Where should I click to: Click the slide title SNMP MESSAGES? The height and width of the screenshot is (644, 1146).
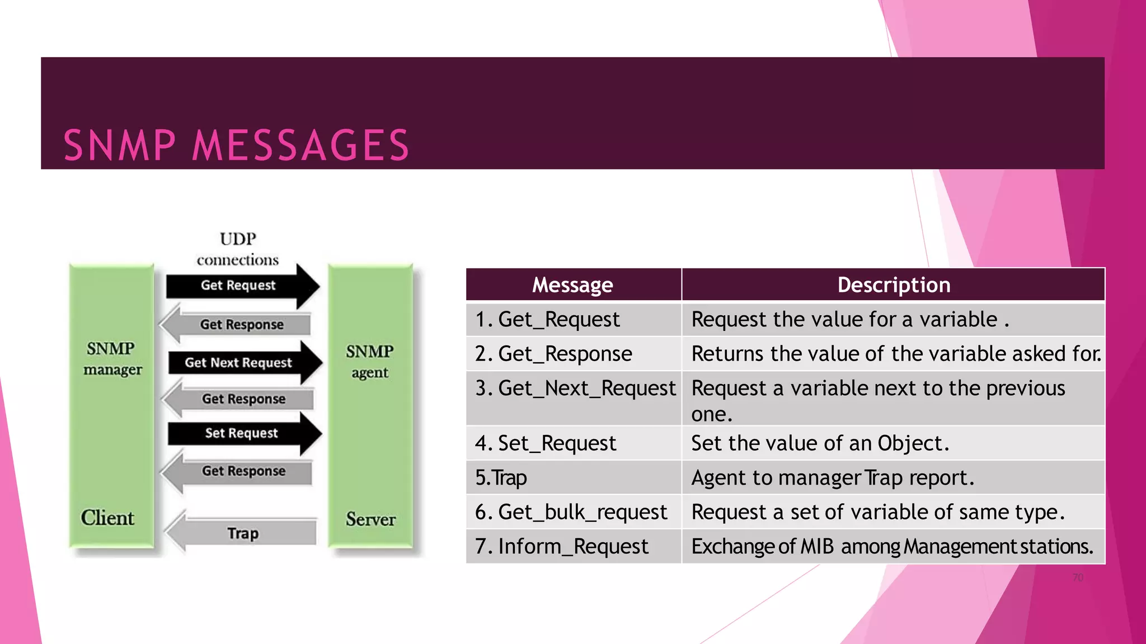click(236, 145)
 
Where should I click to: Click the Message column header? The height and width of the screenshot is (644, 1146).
click(572, 285)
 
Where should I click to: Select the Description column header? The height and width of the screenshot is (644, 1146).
click(893, 285)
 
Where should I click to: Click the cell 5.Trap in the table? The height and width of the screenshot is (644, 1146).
click(501, 478)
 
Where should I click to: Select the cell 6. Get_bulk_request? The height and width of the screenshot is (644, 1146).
click(571, 512)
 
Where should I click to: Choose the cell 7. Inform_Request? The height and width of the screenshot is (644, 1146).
click(562, 547)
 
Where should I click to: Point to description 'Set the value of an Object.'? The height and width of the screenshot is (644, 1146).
click(820, 443)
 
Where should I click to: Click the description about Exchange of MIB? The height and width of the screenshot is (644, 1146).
click(892, 547)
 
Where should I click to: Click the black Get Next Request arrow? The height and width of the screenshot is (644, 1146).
click(241, 363)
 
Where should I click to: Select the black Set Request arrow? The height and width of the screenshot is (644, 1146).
click(242, 433)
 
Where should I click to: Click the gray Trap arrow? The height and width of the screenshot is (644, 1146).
click(242, 533)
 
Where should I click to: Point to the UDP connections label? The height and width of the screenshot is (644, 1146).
click(238, 249)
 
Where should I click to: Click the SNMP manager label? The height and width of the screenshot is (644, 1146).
click(112, 359)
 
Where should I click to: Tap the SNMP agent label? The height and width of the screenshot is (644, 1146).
click(370, 361)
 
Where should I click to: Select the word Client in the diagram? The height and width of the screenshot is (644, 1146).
click(107, 518)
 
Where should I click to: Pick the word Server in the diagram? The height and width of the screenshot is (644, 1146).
click(370, 519)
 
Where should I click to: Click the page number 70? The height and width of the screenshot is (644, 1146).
click(1078, 577)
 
